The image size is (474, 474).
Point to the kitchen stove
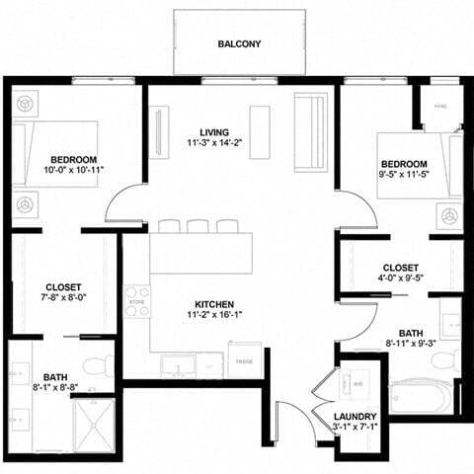(x=137, y=301)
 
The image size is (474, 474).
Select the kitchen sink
(x=179, y=365)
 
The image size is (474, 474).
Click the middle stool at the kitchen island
(x=198, y=226)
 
